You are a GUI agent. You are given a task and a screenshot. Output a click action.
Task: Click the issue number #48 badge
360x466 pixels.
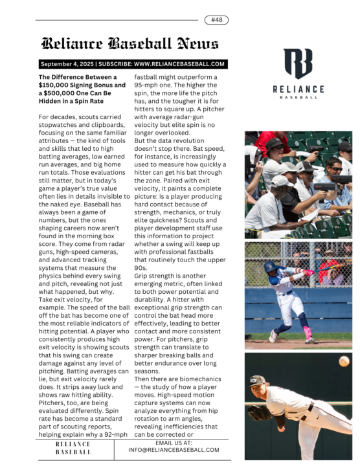point(216,20)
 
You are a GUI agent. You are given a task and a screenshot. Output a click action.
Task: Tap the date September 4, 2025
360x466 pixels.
point(67,64)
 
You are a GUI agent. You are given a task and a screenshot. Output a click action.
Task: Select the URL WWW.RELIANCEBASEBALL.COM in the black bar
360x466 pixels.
point(179,64)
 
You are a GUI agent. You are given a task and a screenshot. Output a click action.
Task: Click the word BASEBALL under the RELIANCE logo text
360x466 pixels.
point(298,97)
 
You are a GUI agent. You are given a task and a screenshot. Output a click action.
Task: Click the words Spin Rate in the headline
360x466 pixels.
point(88,102)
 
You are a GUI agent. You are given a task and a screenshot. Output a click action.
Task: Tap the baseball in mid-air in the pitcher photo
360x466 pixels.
point(344,361)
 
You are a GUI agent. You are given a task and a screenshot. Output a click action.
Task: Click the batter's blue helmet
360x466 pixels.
point(270,266)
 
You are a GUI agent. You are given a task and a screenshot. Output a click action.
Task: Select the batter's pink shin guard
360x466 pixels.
point(308,331)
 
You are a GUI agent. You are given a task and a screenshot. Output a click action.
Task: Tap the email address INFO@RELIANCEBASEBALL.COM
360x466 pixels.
point(174,449)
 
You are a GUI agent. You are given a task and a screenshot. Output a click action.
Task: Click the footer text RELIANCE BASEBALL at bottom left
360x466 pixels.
point(73,448)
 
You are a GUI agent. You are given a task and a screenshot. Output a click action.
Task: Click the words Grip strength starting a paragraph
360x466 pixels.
point(155,276)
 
